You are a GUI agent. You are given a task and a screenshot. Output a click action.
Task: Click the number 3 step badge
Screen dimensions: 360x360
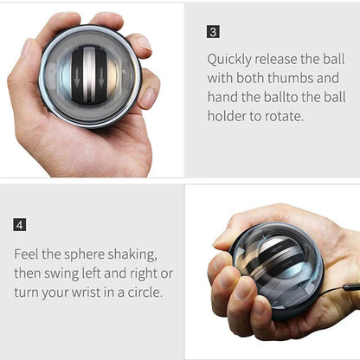214,32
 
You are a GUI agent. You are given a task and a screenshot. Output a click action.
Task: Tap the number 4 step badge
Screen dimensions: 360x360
20,225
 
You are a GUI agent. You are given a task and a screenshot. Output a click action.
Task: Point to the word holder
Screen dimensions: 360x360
228,115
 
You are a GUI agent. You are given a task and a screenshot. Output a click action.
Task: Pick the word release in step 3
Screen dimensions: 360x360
283,60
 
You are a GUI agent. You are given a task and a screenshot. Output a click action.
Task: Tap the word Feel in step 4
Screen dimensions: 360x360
29,254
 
